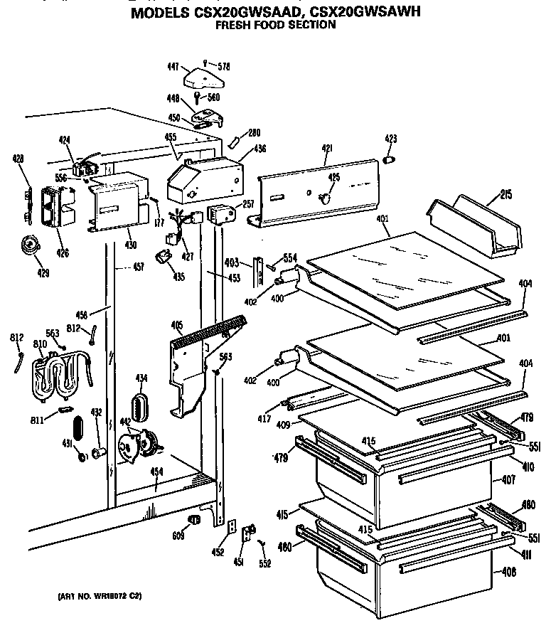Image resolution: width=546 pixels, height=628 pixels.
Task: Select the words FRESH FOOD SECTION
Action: (x=274, y=25)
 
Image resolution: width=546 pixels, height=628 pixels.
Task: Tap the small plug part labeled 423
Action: (x=389, y=160)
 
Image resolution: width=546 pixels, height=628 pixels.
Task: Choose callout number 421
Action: (x=326, y=149)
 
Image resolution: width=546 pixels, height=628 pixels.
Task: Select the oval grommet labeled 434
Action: (x=140, y=406)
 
